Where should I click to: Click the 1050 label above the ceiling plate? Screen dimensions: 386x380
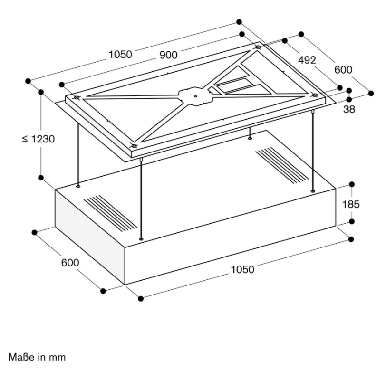(x=120, y=54)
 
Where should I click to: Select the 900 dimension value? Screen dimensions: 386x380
(x=168, y=55)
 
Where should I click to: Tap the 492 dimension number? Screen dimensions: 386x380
(x=307, y=60)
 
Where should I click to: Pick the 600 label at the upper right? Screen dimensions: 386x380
(x=343, y=70)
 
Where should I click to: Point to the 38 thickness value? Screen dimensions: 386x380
(x=349, y=109)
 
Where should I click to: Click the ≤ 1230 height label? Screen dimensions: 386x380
(x=39, y=139)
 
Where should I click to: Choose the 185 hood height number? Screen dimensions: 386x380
(x=351, y=204)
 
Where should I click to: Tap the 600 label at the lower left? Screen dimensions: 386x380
(x=70, y=263)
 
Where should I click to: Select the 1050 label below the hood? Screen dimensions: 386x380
(x=242, y=270)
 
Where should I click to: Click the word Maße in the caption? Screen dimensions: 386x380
(x=22, y=357)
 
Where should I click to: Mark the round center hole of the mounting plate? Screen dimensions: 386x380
(x=195, y=96)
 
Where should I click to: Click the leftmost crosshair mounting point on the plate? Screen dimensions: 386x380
(x=77, y=98)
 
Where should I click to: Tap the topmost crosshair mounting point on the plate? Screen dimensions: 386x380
(x=258, y=47)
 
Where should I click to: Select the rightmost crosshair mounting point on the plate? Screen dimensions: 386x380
(x=315, y=95)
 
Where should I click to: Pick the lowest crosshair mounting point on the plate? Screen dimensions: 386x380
(x=134, y=146)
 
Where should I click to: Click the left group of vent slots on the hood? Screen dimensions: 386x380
(x=111, y=213)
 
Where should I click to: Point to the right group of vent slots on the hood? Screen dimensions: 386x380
(x=282, y=165)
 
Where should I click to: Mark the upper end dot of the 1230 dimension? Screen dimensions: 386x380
(x=41, y=92)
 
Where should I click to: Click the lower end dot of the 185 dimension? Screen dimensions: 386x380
(x=352, y=222)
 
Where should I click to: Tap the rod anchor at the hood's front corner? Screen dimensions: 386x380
(x=141, y=239)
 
